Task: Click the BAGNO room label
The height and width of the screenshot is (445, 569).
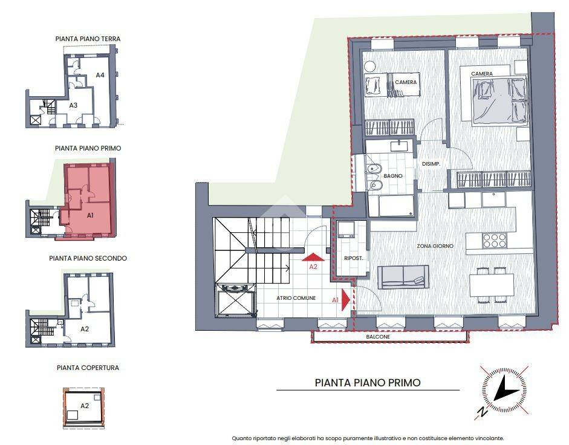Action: click(x=393, y=176)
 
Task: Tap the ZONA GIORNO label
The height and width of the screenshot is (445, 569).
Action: click(x=435, y=245)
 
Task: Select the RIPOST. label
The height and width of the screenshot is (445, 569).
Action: click(x=354, y=258)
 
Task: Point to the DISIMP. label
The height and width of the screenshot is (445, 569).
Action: click(x=431, y=164)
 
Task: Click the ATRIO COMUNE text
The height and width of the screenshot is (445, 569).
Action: click(x=296, y=298)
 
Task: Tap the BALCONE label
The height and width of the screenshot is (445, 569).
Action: click(x=378, y=337)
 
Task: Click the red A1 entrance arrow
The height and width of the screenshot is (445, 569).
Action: click(x=346, y=300)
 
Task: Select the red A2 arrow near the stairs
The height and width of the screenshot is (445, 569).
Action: click(x=313, y=258)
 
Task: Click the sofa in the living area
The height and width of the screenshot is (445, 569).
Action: click(x=403, y=276)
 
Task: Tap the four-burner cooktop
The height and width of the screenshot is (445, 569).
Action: click(x=494, y=240)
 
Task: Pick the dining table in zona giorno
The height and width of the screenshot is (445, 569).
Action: click(x=492, y=285)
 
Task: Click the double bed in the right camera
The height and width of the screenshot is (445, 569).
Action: click(x=499, y=102)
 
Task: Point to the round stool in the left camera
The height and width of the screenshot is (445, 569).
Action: click(x=370, y=67)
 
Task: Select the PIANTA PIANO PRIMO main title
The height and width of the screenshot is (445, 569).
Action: click(x=368, y=383)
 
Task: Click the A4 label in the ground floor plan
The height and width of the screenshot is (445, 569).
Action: click(x=100, y=75)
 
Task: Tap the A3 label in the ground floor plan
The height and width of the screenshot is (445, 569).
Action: click(x=73, y=105)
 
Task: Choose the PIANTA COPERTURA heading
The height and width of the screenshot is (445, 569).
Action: click(x=88, y=368)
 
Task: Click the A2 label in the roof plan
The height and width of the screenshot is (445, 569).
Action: click(x=85, y=406)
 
